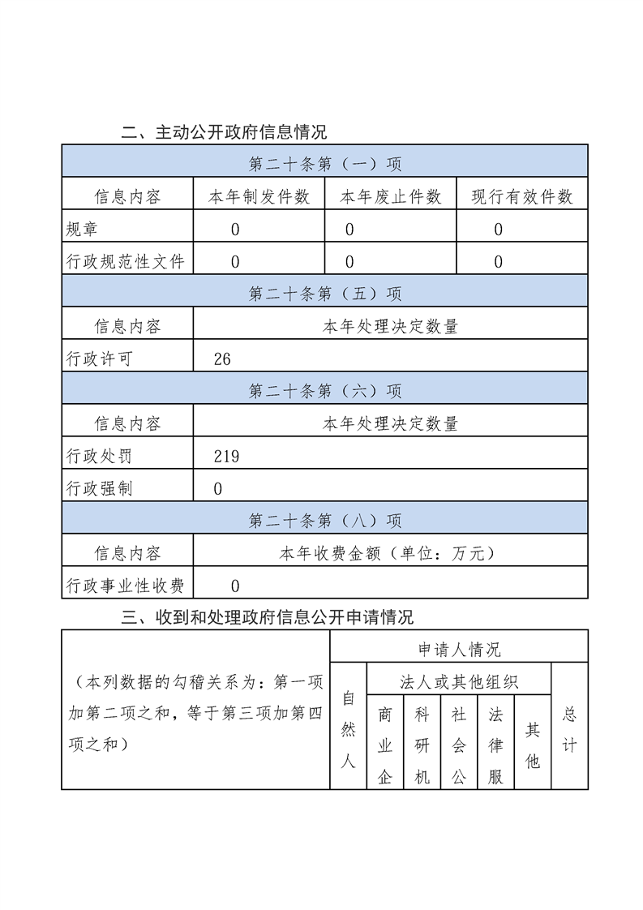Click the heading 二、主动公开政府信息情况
tap(224, 131)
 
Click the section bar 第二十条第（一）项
tap(324, 165)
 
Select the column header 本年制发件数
tap(259, 197)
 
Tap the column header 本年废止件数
tap(390, 197)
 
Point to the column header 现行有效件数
tap(521, 197)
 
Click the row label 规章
tap(82, 230)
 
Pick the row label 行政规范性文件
tap(125, 262)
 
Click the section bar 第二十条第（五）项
tap(324, 294)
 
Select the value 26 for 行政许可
tap(222, 359)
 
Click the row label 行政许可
tap(99, 359)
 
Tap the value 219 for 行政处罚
tap(226, 457)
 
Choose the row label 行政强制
tap(99, 489)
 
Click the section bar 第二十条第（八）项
tap(324, 521)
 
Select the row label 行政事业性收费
tap(125, 586)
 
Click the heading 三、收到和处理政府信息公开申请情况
tap(268, 618)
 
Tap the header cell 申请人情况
tap(459, 649)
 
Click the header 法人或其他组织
tap(459, 681)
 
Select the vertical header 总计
tap(569, 730)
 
